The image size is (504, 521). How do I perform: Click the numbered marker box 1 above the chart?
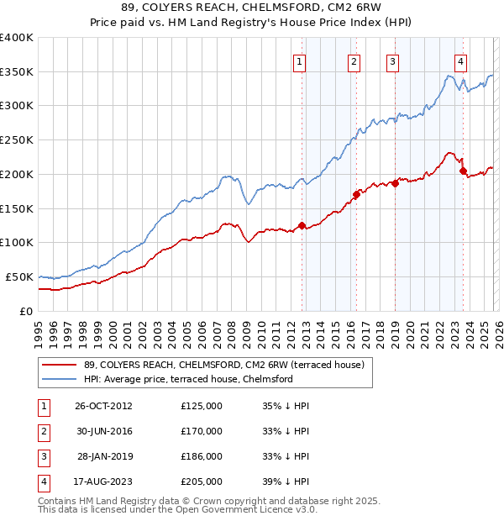(301, 61)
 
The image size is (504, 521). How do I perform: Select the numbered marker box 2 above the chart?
(354, 61)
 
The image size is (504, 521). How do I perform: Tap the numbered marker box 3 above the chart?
(392, 61)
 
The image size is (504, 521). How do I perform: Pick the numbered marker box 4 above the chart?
(461, 61)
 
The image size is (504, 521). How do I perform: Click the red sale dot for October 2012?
(302, 225)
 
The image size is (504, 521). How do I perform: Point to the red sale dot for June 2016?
(356, 194)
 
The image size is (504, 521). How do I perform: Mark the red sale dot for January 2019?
(395, 183)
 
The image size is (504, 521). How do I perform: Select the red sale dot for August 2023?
(463, 171)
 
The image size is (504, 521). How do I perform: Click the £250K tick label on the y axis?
(17, 139)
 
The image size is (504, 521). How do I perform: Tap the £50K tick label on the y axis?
(19, 276)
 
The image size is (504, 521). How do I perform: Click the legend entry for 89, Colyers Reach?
(223, 365)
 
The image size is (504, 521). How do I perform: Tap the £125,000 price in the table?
(202, 405)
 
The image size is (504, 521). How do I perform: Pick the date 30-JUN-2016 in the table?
(104, 431)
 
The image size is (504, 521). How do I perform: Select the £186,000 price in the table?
(202, 456)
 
